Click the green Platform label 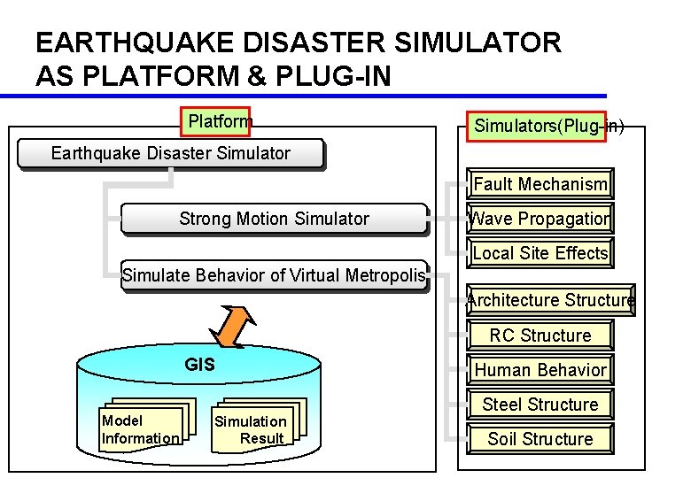216,121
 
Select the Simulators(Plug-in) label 541,126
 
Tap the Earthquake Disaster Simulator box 170,154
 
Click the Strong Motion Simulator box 274,219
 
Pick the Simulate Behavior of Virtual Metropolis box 274,275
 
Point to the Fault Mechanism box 540,184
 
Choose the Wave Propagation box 540,219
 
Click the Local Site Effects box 540,253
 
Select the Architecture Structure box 550,300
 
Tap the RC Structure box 540,335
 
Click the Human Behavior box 540,370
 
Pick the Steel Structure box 540,405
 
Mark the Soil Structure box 540,439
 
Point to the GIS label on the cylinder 199,364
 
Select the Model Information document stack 141,429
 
